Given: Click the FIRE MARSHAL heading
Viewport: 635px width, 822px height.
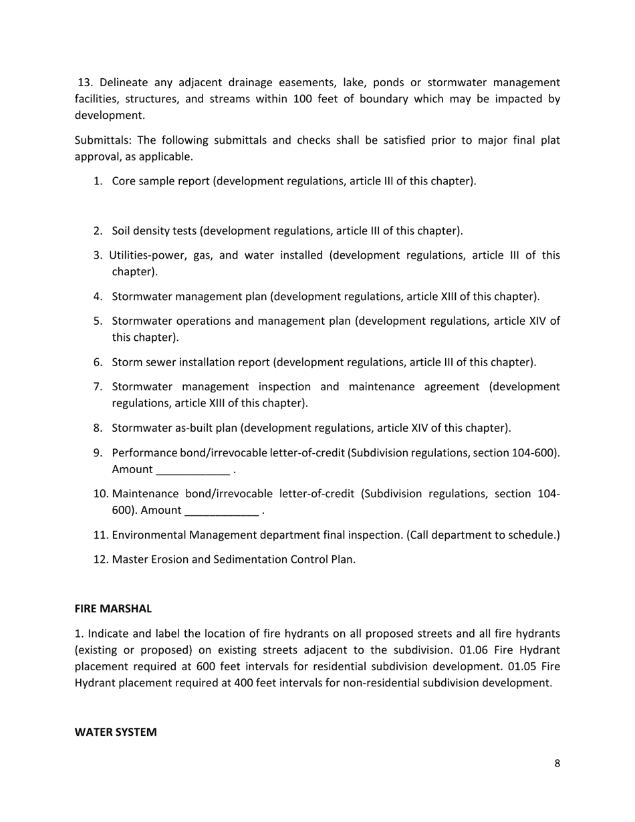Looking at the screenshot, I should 113,609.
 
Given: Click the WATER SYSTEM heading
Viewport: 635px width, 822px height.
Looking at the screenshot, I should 116,732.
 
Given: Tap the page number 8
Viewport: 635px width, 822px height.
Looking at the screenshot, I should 557,764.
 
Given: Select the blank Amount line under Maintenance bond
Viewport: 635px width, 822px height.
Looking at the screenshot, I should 221,511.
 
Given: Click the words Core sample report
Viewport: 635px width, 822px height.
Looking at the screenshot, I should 160,181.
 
